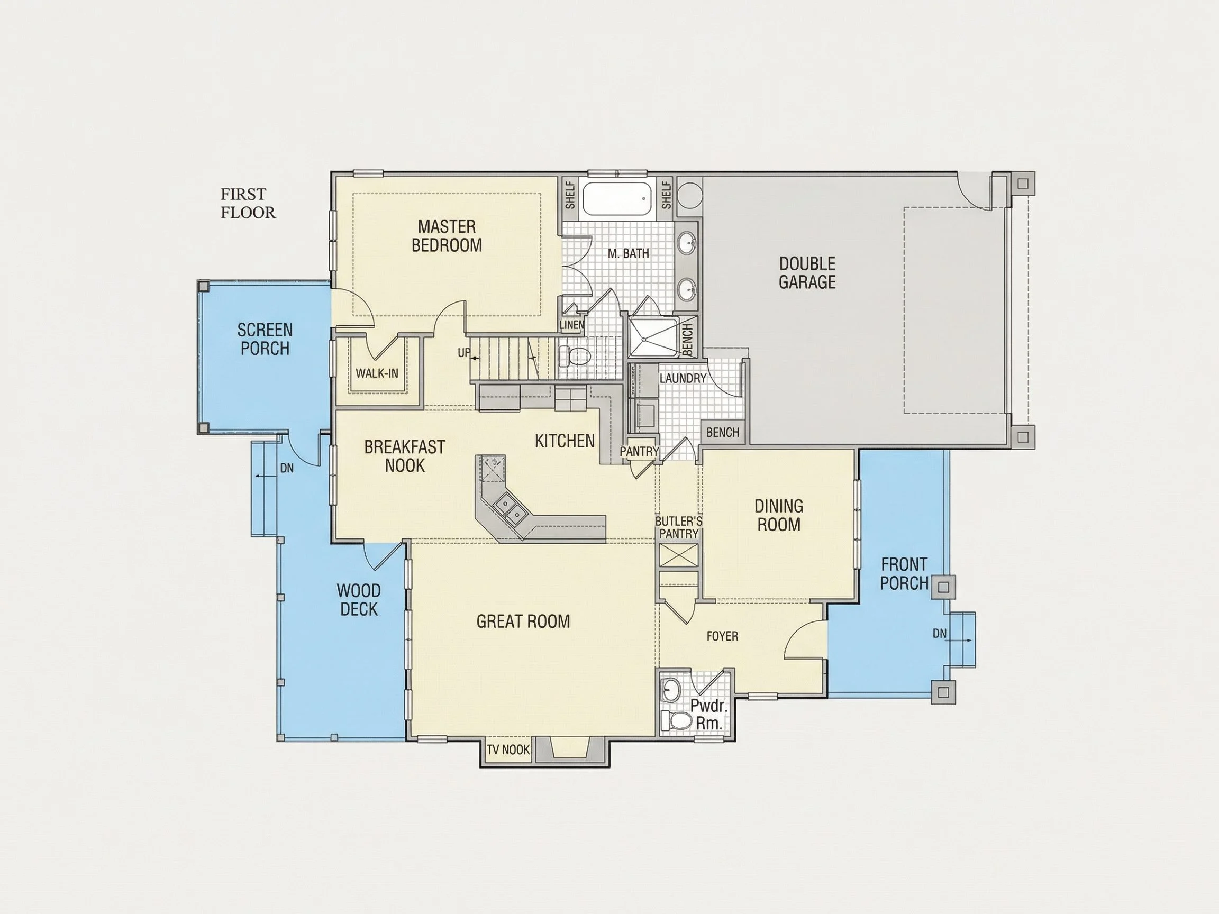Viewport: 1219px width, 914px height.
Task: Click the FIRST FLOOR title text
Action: coord(248,203)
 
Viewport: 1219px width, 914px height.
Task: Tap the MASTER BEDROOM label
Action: coord(447,236)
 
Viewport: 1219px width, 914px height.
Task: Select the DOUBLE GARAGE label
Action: coord(807,273)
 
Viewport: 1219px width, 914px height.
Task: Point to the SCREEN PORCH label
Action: coord(265,340)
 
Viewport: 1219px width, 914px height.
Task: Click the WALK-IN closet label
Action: coord(377,373)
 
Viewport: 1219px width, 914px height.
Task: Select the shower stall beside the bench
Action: coord(654,337)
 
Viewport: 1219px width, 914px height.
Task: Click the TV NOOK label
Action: coord(508,750)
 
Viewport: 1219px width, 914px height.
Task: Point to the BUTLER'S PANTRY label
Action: coord(679,527)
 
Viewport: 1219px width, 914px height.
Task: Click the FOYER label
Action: coord(723,636)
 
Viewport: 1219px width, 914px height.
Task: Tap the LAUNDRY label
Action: coord(683,379)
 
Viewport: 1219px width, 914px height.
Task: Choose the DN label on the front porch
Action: coord(940,634)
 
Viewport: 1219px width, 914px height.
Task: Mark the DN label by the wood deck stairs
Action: coord(287,468)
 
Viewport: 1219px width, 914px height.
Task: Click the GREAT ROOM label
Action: coord(523,621)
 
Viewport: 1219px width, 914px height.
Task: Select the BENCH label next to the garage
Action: coord(723,433)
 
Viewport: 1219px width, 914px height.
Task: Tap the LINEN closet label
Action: coord(571,325)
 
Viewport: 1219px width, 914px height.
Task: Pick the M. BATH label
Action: coord(628,253)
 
